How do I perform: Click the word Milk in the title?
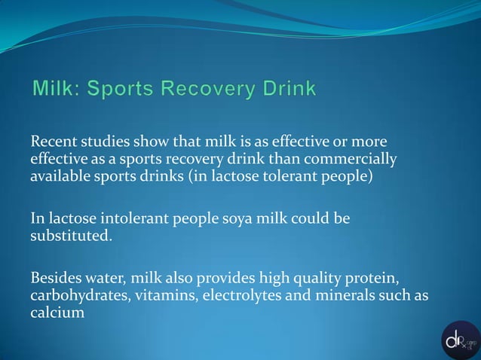pyautogui.click(x=55, y=90)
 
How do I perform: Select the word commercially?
pyautogui.click(x=354, y=160)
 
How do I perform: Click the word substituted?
pyautogui.click(x=71, y=236)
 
